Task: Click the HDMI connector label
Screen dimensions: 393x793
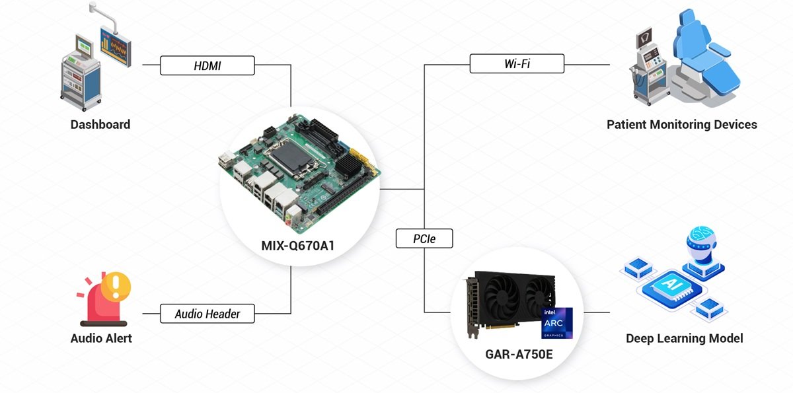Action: [208, 65]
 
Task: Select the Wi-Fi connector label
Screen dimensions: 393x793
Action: [517, 64]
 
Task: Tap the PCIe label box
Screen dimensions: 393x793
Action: [424, 238]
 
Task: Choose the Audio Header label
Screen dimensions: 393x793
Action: [208, 314]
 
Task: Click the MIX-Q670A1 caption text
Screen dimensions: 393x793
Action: [298, 246]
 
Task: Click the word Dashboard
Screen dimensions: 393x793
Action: [100, 124]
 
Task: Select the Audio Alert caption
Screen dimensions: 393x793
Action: [101, 338]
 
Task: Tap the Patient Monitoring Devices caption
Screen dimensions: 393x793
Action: [682, 124]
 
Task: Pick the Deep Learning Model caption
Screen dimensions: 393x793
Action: [685, 338]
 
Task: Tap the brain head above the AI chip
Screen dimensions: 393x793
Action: [702, 242]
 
